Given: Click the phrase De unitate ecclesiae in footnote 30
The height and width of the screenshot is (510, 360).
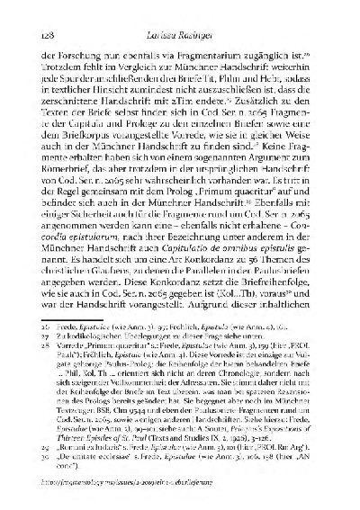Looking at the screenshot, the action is click(x=101, y=482).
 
